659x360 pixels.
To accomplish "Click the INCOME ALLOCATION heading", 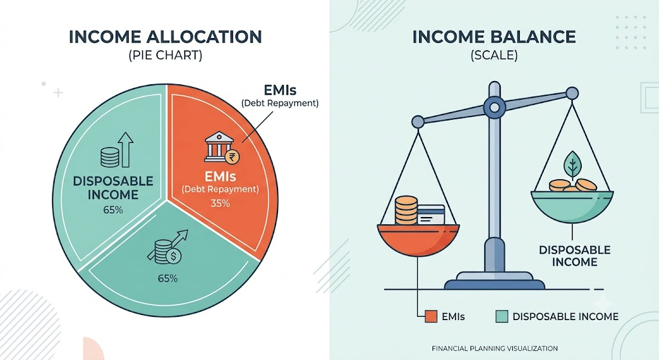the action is [x=165, y=37].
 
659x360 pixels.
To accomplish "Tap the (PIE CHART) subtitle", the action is [x=165, y=55].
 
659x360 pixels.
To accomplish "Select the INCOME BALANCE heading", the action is [x=494, y=37].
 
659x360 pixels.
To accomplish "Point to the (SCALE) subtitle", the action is [x=494, y=55].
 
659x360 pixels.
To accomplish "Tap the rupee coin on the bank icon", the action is [x=232, y=157].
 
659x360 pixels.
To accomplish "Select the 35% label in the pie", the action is [x=220, y=204].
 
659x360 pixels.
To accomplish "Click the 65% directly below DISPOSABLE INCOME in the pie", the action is [x=113, y=210].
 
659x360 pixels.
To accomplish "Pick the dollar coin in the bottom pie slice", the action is [x=173, y=255].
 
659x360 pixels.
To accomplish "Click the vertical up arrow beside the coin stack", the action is [x=125, y=149].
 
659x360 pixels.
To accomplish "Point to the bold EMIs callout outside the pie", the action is [x=280, y=90].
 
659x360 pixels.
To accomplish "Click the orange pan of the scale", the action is [x=418, y=240].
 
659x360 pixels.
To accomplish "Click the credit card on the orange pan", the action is [x=431, y=214].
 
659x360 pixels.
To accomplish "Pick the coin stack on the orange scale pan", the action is [x=406, y=211].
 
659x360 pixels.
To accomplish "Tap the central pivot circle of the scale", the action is [x=495, y=108].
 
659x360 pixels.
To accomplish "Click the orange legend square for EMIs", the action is [x=431, y=316].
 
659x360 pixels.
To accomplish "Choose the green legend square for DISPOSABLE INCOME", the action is [x=502, y=316].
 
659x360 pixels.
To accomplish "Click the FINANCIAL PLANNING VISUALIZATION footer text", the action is [x=495, y=348].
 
